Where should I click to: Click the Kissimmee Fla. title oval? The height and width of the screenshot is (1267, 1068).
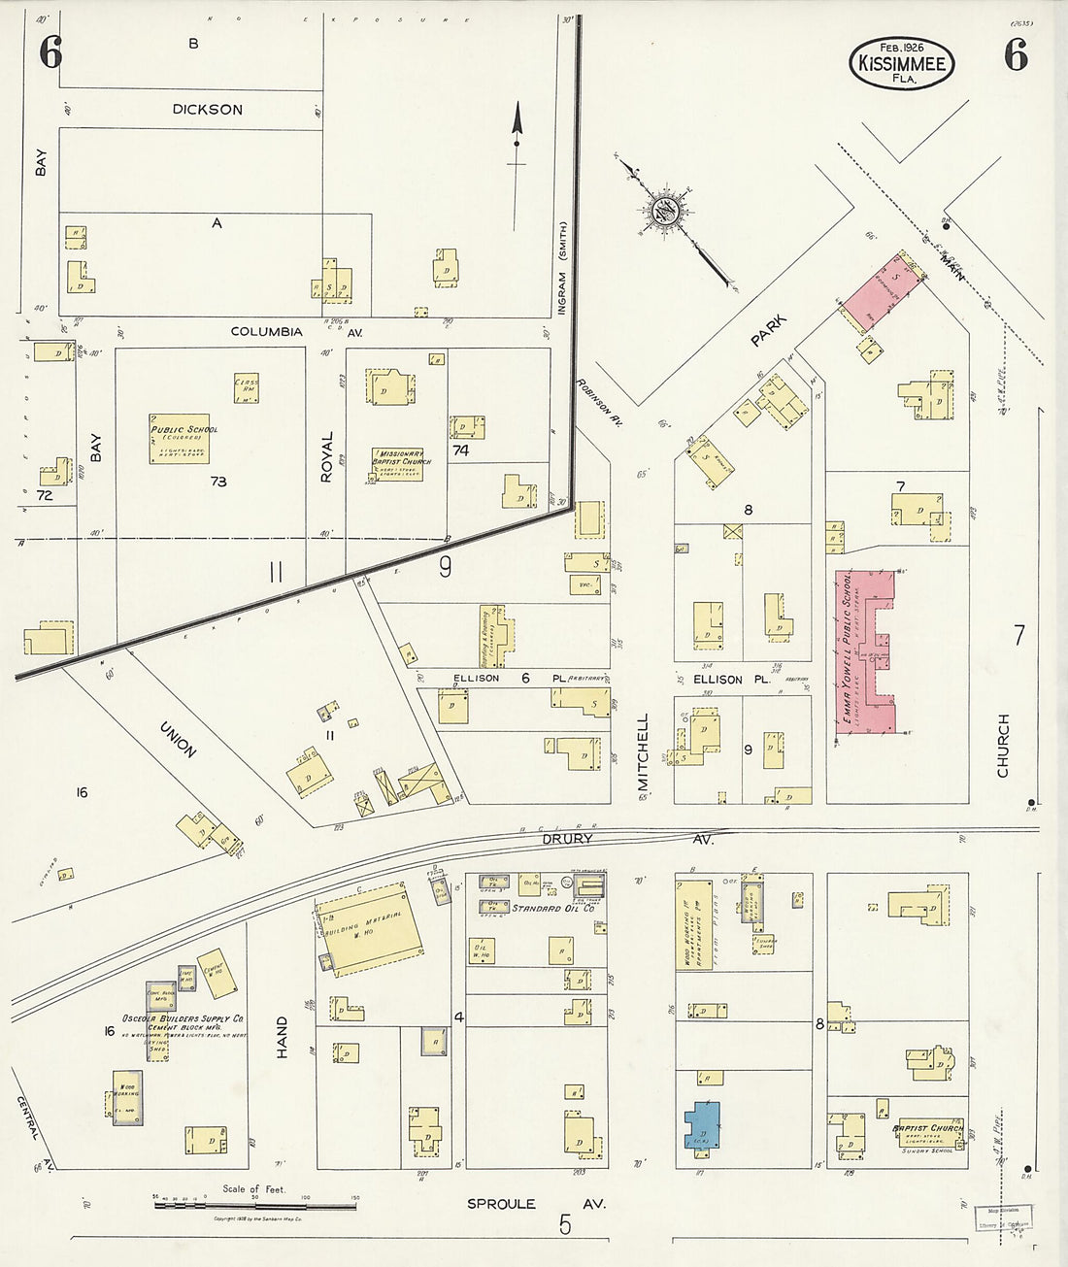pyautogui.click(x=902, y=63)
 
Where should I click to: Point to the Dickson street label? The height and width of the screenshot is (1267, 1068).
pyautogui.click(x=207, y=110)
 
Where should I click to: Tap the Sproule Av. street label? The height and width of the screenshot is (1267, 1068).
pyautogui.click(x=536, y=1204)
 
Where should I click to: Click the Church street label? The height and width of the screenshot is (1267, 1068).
pyautogui.click(x=1003, y=746)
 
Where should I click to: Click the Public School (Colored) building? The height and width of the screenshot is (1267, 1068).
pyautogui.click(x=180, y=439)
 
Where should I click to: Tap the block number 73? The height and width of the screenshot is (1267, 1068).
pyautogui.click(x=218, y=482)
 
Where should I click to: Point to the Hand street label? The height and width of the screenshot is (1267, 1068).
pyautogui.click(x=282, y=1037)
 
